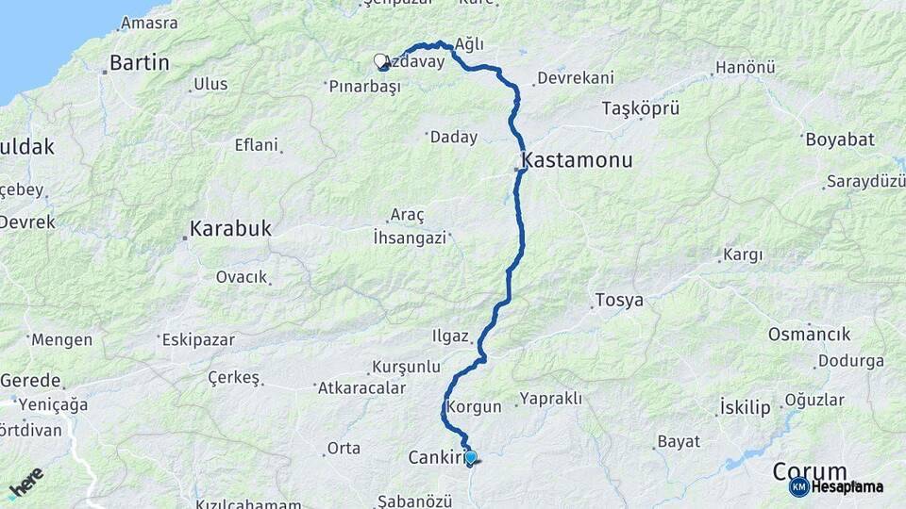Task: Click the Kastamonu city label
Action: (578, 160)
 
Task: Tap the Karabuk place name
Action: (230, 228)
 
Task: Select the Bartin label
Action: (139, 63)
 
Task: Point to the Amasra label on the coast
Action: (149, 23)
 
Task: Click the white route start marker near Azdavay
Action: (380, 61)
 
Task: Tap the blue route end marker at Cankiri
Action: (471, 458)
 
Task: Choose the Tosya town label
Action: (619, 302)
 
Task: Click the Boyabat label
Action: (839, 140)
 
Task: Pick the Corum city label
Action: (810, 470)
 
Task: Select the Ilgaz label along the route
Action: (449, 336)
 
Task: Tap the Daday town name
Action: (453, 138)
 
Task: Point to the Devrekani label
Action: (575, 78)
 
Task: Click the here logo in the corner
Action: (25, 483)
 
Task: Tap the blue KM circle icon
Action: (798, 487)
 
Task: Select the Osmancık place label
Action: (809, 335)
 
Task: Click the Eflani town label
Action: (257, 145)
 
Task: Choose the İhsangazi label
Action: (410, 238)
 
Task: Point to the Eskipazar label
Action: (195, 340)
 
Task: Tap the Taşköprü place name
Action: (641, 109)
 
